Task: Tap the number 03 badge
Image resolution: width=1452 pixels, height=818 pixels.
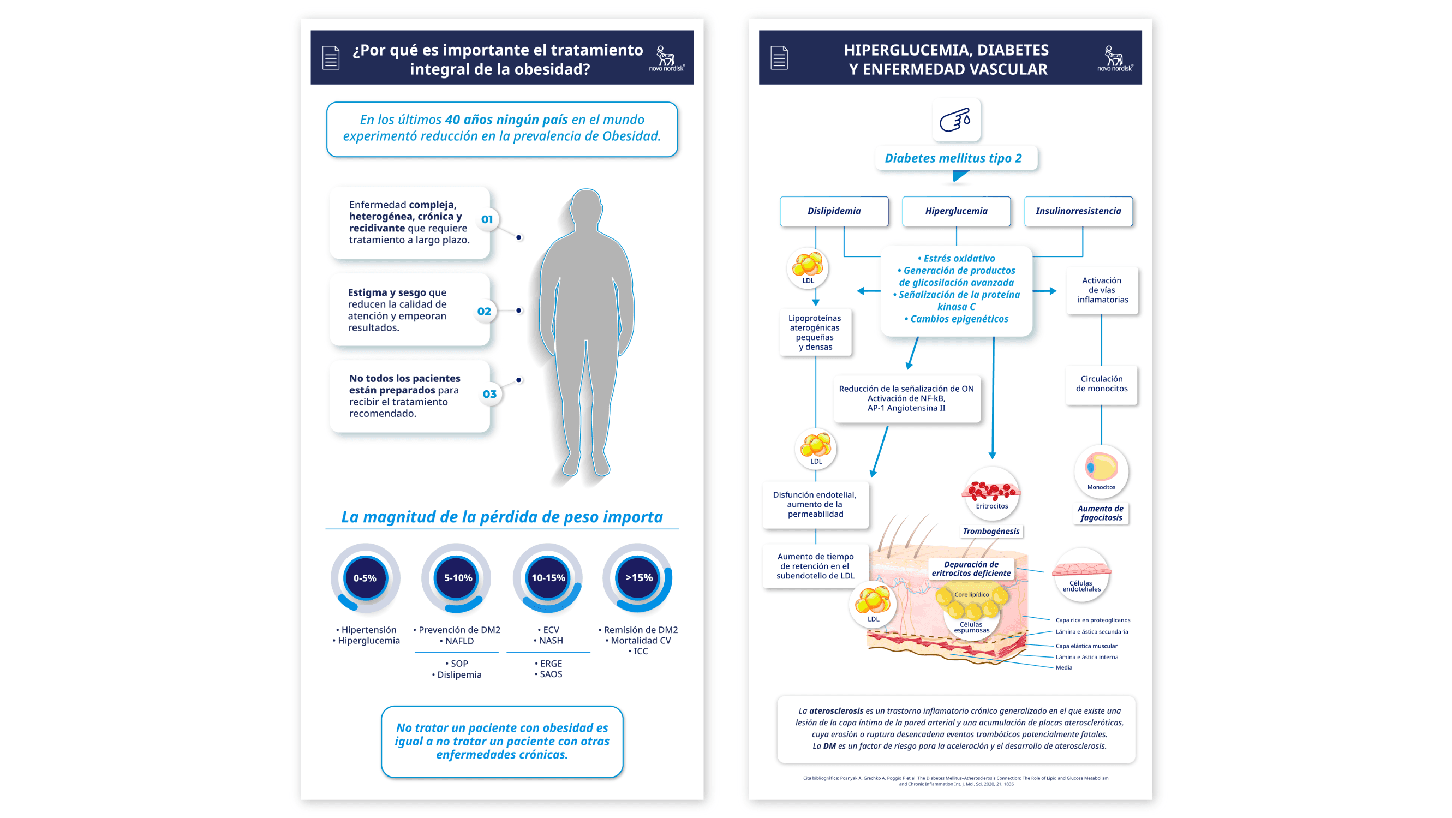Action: [x=489, y=394]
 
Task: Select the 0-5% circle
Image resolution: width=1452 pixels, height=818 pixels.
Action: [x=365, y=578]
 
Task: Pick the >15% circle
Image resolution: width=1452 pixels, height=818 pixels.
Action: [x=638, y=578]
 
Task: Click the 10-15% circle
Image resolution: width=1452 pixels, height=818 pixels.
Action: [x=548, y=578]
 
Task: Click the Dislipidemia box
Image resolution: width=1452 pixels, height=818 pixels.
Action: [x=834, y=211]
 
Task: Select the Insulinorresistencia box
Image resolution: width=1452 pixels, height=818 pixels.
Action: [x=1078, y=211]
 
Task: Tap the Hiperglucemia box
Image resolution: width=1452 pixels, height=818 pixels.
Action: [x=956, y=211]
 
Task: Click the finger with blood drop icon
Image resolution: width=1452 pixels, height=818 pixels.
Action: [x=956, y=120]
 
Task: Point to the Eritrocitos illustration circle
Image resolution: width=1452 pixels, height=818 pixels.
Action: [x=991, y=492]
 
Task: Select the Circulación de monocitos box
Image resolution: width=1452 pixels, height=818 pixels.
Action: [x=1101, y=384]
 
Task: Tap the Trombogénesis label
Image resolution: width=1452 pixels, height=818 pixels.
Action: [x=991, y=531]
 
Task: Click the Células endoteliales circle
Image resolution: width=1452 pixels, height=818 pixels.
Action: [x=1081, y=575]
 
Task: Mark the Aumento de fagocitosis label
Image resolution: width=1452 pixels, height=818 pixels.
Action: [x=1101, y=513]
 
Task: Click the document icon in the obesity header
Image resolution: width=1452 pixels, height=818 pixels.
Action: [x=331, y=57]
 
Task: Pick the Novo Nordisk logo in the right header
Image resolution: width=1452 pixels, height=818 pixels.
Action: [x=1114, y=58]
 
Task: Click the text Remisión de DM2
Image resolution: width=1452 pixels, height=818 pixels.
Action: [x=640, y=630]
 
